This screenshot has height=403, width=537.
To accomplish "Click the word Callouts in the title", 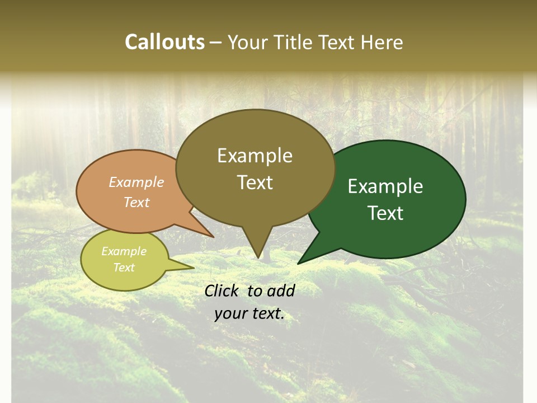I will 164,42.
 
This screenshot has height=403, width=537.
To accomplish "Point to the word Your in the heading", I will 249,42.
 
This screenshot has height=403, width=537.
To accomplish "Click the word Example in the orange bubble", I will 136,182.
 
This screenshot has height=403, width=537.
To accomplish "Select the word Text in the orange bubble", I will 136,202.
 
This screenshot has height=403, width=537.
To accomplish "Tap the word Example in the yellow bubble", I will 124,251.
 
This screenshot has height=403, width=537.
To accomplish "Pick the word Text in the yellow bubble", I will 124,268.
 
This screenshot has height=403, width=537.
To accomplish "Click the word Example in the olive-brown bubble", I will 255,156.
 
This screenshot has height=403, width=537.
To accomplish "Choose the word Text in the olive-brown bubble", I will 255,182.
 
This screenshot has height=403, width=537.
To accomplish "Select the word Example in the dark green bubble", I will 385,186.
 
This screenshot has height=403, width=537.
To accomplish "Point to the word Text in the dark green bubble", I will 386,213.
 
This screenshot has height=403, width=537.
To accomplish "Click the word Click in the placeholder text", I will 223,290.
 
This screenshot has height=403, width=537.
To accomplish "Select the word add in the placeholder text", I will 281,290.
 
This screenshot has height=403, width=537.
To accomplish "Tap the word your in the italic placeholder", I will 228,313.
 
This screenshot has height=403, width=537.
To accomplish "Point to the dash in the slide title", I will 216,43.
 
